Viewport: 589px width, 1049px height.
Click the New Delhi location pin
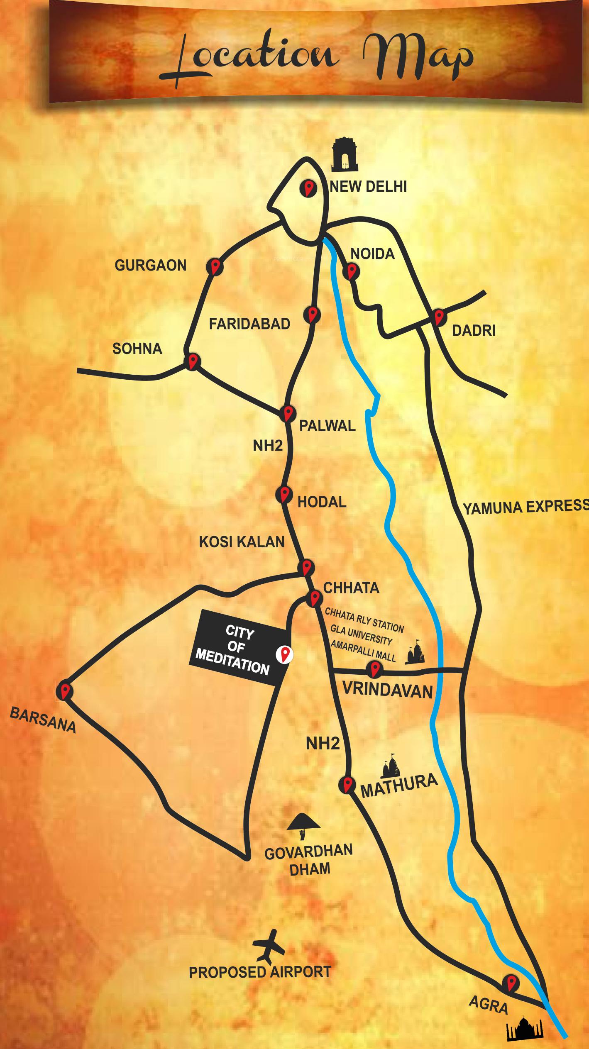pos(308,188)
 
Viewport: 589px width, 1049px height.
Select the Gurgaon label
pos(151,266)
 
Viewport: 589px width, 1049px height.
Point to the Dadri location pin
pos(438,317)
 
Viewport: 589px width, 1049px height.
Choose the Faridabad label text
pos(249,324)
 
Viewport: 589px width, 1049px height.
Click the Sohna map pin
pos(192,361)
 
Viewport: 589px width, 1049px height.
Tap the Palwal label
pos(327,426)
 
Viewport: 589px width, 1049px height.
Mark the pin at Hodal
pos(284,495)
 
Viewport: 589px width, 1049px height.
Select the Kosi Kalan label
pos(242,542)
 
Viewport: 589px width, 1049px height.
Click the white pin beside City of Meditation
pos(285,654)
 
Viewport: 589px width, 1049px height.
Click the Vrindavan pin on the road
pos(375,668)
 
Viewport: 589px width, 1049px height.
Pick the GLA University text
pos(362,635)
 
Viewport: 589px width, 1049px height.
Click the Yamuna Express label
pos(525,507)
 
